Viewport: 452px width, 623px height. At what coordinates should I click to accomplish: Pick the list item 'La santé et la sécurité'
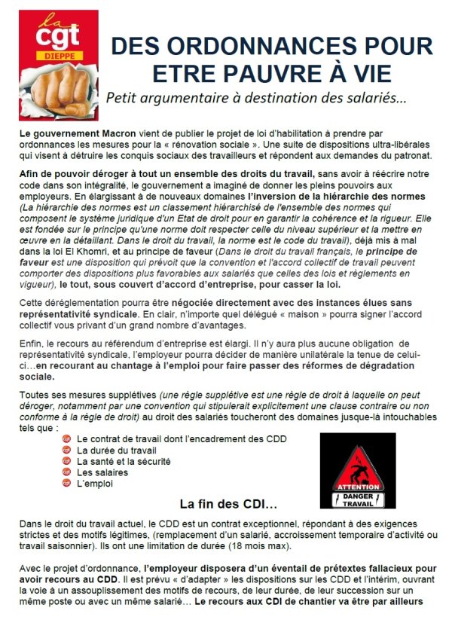(x=124, y=461)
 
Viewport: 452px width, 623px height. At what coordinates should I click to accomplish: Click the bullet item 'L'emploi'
(x=95, y=484)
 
